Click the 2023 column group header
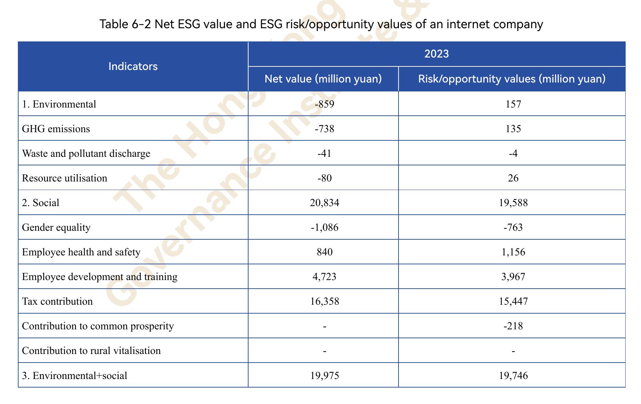click(436, 54)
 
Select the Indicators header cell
click(133, 66)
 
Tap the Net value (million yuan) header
click(323, 79)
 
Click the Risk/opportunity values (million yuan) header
click(512, 79)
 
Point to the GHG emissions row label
click(56, 129)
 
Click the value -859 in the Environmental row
click(325, 104)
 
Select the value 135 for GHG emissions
click(513, 129)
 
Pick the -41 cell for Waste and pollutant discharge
click(325, 153)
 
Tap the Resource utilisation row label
click(65, 178)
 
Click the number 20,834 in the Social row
click(325, 203)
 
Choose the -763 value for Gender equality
click(513, 227)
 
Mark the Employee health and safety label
click(81, 252)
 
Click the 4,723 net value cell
click(325, 276)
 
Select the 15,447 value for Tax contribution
click(513, 301)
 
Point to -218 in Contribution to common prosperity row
click(513, 326)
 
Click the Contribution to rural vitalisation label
click(91, 350)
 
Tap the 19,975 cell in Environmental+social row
click(325, 375)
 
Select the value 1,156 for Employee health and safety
click(513, 252)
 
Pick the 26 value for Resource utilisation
click(513, 178)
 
